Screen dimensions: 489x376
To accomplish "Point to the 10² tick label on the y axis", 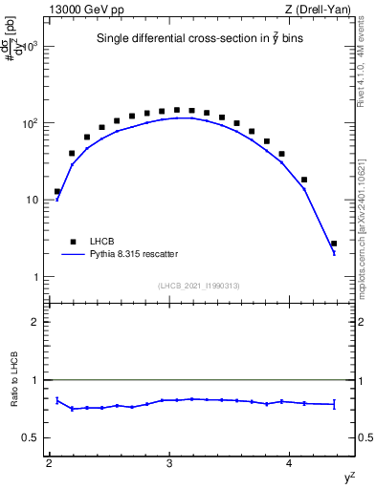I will pos(29,124).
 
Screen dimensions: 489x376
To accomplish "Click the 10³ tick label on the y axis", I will pos(29,47).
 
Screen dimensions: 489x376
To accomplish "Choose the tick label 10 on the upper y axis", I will pos(32,201).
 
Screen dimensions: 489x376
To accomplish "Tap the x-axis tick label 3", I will pos(169,464).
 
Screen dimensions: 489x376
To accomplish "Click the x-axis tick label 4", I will pos(290,464).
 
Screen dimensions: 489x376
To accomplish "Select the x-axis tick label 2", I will pos(49,464).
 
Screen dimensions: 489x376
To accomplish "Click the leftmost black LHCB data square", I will pos(57,192).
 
